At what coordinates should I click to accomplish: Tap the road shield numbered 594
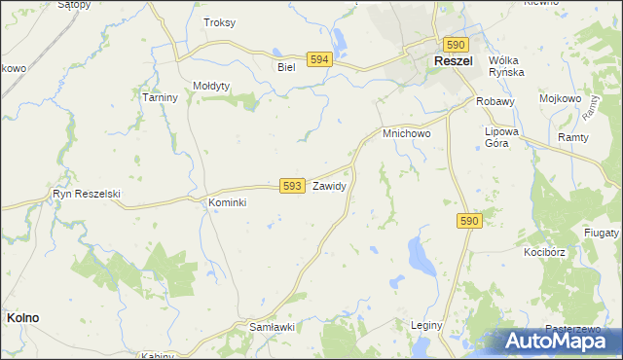click(x=317, y=59)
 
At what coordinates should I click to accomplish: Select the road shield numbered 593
click(x=291, y=185)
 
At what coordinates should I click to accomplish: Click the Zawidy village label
click(x=329, y=185)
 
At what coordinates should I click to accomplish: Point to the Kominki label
click(x=228, y=202)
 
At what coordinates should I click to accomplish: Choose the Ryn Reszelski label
click(x=87, y=194)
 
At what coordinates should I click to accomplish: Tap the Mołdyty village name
click(x=211, y=86)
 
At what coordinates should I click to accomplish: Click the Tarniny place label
click(x=159, y=98)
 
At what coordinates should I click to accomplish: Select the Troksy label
click(x=219, y=22)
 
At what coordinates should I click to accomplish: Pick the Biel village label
click(x=285, y=67)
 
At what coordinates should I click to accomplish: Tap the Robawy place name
click(x=495, y=101)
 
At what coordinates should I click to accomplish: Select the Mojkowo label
click(x=561, y=100)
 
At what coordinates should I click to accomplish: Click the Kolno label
click(x=22, y=317)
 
